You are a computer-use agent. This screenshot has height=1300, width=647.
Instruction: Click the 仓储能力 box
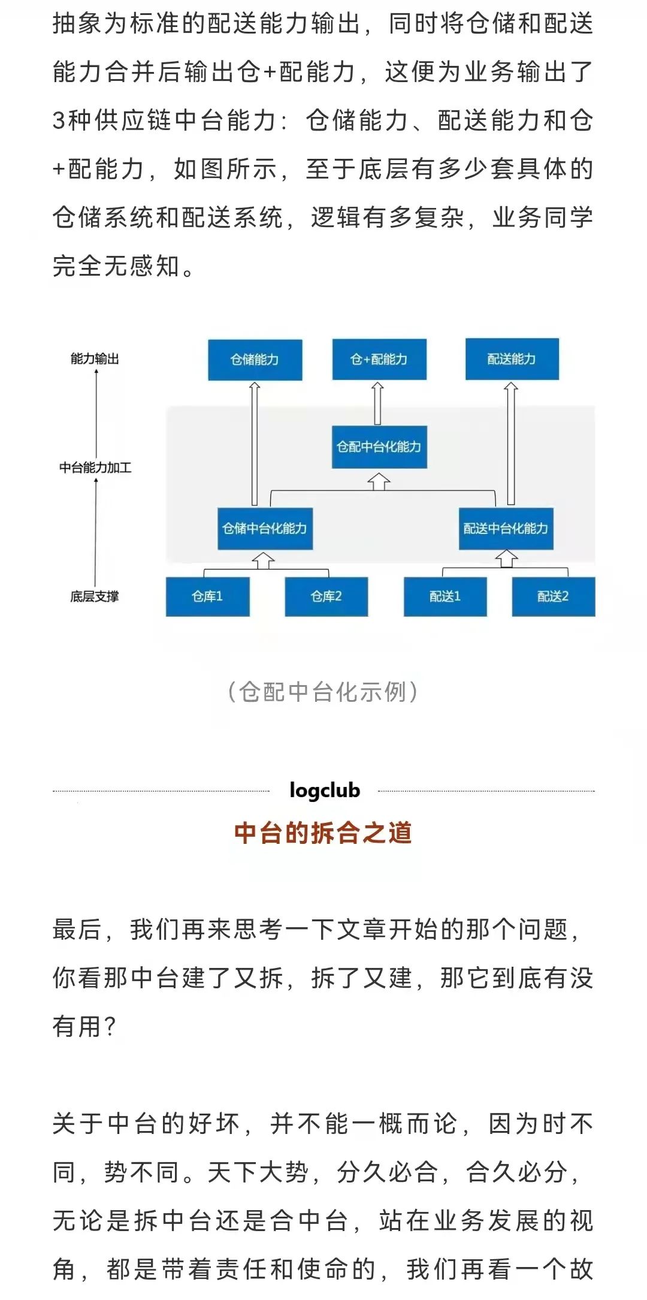tap(255, 360)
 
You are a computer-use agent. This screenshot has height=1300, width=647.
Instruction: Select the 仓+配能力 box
tap(379, 360)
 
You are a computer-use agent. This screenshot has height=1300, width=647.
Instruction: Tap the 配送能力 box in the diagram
tap(512, 359)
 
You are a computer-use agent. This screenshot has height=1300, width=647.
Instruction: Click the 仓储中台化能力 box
tap(265, 529)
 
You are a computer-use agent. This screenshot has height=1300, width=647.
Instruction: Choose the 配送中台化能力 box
tap(506, 529)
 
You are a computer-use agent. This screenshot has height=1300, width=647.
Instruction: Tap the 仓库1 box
tap(207, 596)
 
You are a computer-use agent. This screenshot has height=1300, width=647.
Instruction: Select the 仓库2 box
tap(326, 596)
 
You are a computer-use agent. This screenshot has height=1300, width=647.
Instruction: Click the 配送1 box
tap(445, 596)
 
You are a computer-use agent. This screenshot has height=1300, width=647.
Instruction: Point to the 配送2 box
tap(554, 596)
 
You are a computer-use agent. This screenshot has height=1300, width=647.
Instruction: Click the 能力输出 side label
tap(95, 359)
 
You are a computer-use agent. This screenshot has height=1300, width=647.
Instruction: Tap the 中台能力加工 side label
tap(95, 467)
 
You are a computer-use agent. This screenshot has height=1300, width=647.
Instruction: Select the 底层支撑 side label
tap(95, 596)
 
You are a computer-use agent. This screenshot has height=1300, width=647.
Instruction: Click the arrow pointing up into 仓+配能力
tap(377, 403)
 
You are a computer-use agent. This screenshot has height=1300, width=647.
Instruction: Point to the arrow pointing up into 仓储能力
tap(255, 444)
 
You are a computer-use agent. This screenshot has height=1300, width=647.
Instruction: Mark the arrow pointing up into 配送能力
tap(510, 444)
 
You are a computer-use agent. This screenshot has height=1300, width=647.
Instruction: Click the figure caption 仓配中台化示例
tap(323, 692)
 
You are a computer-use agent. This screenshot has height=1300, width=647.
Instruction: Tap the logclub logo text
tap(325, 791)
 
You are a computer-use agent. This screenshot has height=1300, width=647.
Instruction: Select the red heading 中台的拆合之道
tap(323, 833)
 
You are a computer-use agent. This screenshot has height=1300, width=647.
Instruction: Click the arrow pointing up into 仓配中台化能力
tap(379, 481)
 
